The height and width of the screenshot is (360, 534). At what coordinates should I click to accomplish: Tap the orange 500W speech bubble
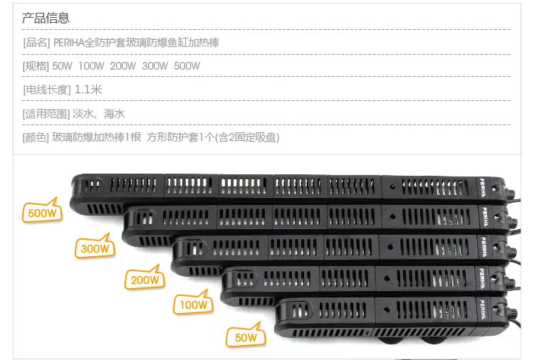click(x=42, y=213)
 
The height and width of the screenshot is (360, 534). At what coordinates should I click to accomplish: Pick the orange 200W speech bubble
click(x=144, y=279)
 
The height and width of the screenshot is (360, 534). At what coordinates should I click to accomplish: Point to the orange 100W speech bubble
click(x=194, y=305)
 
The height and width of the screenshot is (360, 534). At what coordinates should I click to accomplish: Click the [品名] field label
click(x=36, y=43)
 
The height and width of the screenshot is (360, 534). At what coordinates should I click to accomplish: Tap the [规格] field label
click(x=36, y=66)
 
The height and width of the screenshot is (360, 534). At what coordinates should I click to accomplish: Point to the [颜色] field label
click(x=36, y=137)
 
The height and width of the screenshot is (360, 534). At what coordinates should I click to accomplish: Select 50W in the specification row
click(x=63, y=66)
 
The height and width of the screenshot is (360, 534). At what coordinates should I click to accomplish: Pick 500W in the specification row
click(x=187, y=66)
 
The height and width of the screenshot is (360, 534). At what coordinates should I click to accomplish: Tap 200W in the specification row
click(x=123, y=66)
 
